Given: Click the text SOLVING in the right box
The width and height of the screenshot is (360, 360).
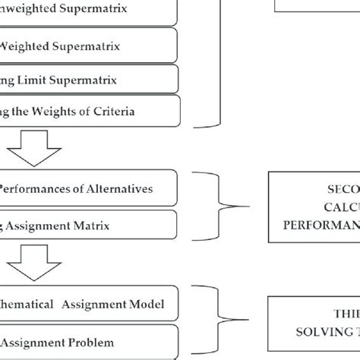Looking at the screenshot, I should coord(316,332).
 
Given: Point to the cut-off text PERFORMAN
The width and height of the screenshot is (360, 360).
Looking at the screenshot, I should coord(320,225).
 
